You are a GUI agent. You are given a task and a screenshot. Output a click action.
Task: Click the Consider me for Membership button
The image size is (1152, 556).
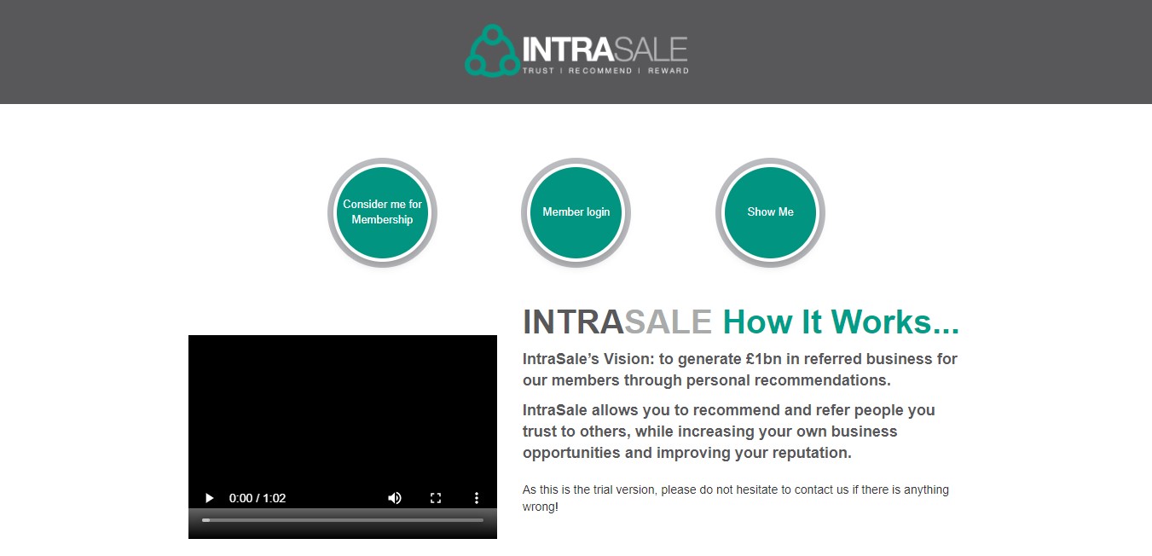[x=382, y=212]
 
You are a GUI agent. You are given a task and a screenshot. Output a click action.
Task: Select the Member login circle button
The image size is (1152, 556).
[x=576, y=212]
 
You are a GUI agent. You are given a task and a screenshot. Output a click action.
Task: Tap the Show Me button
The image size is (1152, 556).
[x=770, y=212]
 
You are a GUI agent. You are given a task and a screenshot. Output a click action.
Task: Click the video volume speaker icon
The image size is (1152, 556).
[x=395, y=498]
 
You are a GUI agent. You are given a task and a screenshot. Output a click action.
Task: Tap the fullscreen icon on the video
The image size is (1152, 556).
[x=436, y=498]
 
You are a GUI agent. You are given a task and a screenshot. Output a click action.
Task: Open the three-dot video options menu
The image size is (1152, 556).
[x=477, y=498]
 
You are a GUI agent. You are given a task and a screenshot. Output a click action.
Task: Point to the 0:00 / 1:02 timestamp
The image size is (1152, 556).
[x=258, y=498]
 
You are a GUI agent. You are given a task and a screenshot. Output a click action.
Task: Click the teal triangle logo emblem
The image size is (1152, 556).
[x=492, y=51]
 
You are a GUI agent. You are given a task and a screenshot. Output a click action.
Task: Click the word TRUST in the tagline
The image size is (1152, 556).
[x=538, y=71]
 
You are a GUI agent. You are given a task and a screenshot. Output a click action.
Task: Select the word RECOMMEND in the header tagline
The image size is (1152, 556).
[x=599, y=71]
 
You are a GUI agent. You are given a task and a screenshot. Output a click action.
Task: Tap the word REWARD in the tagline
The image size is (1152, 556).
[x=668, y=71]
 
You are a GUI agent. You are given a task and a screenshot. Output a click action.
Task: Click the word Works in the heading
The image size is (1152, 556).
[x=895, y=322]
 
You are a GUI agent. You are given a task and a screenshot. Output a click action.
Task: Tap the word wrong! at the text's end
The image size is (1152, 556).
[x=541, y=507]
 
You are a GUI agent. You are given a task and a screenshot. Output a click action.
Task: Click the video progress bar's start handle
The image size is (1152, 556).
[x=206, y=520]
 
